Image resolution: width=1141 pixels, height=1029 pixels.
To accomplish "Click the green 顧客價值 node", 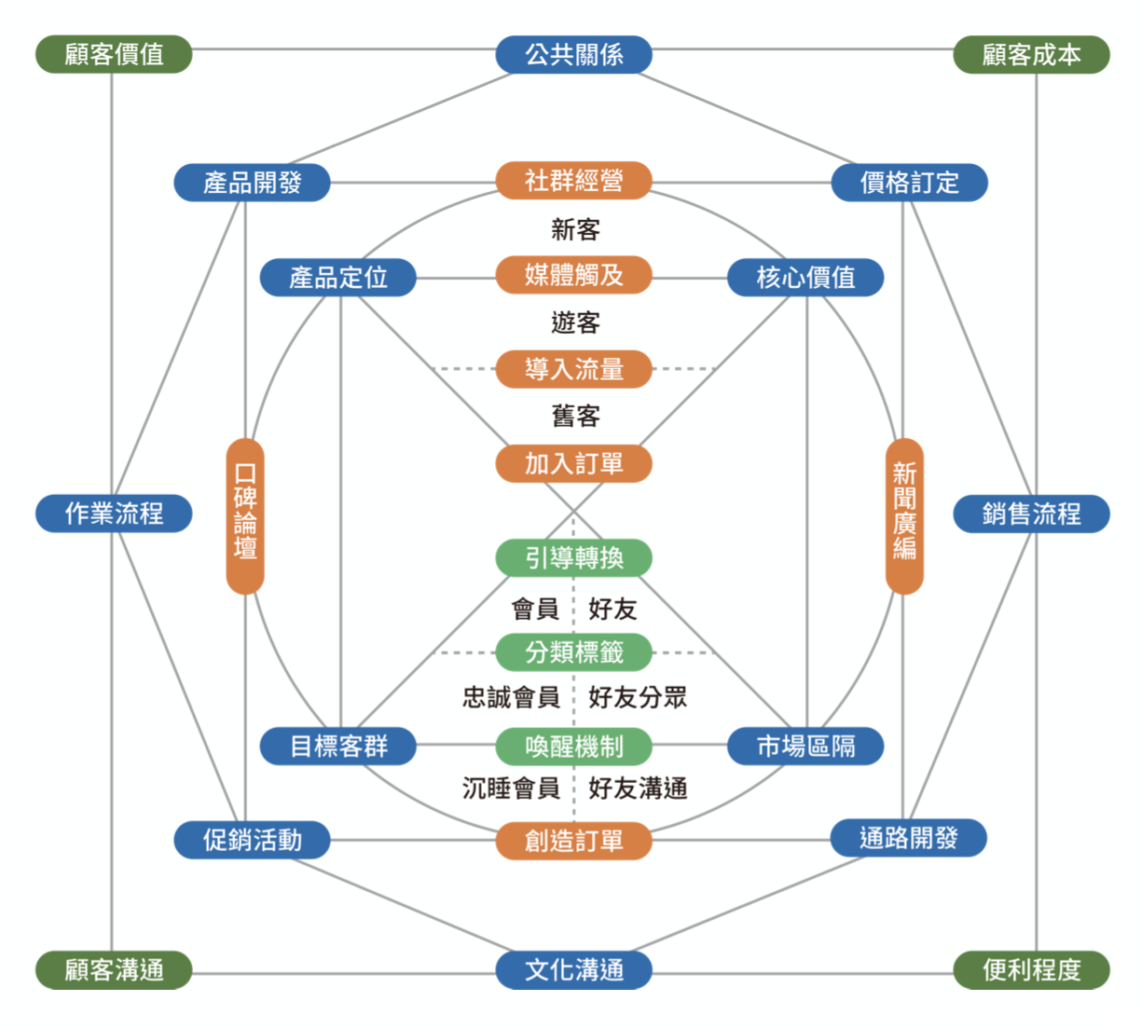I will pyautogui.click(x=114, y=54).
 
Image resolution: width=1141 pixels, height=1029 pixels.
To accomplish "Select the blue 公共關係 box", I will pyautogui.click(x=573, y=54).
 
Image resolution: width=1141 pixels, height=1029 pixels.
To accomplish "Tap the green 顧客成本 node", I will pyautogui.click(x=1031, y=54).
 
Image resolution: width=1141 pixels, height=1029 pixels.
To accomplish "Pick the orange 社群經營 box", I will pyautogui.click(x=573, y=181).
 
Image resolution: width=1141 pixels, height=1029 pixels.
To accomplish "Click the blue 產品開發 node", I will pyautogui.click(x=252, y=183).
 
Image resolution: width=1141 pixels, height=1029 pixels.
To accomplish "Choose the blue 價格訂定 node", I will pyautogui.click(x=909, y=183).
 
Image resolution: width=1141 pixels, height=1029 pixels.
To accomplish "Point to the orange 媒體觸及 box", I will pyautogui.click(x=573, y=275).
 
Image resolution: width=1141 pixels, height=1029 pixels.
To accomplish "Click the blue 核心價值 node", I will pyautogui.click(x=805, y=277).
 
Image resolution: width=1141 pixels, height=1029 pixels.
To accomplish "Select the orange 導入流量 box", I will pyautogui.click(x=573, y=369).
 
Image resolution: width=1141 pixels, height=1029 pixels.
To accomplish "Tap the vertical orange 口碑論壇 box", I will pyautogui.click(x=245, y=515).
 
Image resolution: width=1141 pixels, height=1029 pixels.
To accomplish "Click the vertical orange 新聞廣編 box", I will pyautogui.click(x=904, y=515).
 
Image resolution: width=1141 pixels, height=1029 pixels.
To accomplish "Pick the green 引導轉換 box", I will pyautogui.click(x=573, y=557).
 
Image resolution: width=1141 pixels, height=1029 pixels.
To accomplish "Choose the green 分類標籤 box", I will pyautogui.click(x=573, y=652).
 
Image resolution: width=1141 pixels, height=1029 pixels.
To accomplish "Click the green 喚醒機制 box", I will pyautogui.click(x=573, y=746).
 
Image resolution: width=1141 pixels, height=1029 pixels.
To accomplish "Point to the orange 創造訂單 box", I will pyautogui.click(x=573, y=841).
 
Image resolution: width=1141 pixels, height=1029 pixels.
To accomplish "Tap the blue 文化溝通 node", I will pyautogui.click(x=573, y=969).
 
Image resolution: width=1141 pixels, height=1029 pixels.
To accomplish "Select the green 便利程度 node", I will pyautogui.click(x=1031, y=969).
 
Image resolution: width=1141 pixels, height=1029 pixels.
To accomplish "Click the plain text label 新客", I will pyautogui.click(x=575, y=229).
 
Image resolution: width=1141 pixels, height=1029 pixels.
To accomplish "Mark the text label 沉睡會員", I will pyautogui.click(x=511, y=789).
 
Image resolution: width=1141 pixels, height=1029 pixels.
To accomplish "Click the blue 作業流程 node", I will pyautogui.click(x=114, y=514).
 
